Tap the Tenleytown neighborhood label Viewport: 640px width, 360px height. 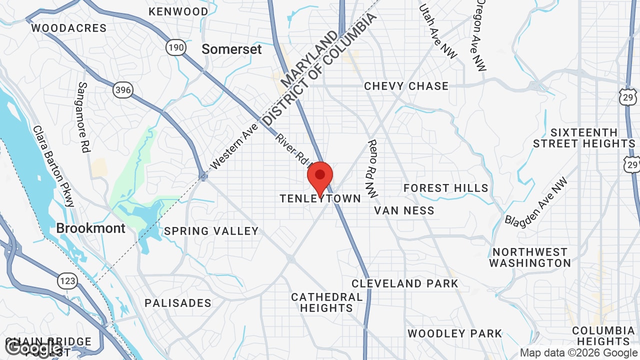pyautogui.click(x=320, y=199)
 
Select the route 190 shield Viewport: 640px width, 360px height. pyautogui.click(x=176, y=48)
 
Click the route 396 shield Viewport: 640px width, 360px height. pyautogui.click(x=123, y=90)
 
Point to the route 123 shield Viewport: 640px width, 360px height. pyautogui.click(x=67, y=281)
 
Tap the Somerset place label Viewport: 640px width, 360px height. pyautogui.click(x=231, y=49)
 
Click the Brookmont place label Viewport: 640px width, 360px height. pyautogui.click(x=90, y=228)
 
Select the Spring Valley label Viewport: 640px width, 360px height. pyautogui.click(x=211, y=231)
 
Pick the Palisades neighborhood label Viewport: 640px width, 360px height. pyautogui.click(x=178, y=303)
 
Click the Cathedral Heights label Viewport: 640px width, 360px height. pyautogui.click(x=327, y=302)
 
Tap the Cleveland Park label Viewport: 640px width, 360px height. pyautogui.click(x=404, y=283)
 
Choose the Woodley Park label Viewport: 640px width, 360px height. pyautogui.click(x=454, y=333)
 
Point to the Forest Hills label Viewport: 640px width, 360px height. pyautogui.click(x=446, y=188)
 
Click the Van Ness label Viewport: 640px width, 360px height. pyautogui.click(x=404, y=210)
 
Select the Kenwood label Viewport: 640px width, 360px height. pyautogui.click(x=178, y=11)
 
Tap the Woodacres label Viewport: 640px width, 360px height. pyautogui.click(x=69, y=28)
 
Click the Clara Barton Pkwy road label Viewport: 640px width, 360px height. pyautogui.click(x=54, y=165)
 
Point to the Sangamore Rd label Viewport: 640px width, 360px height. pyautogui.click(x=83, y=117)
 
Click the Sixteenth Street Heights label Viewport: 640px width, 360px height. pyautogui.click(x=584, y=138)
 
